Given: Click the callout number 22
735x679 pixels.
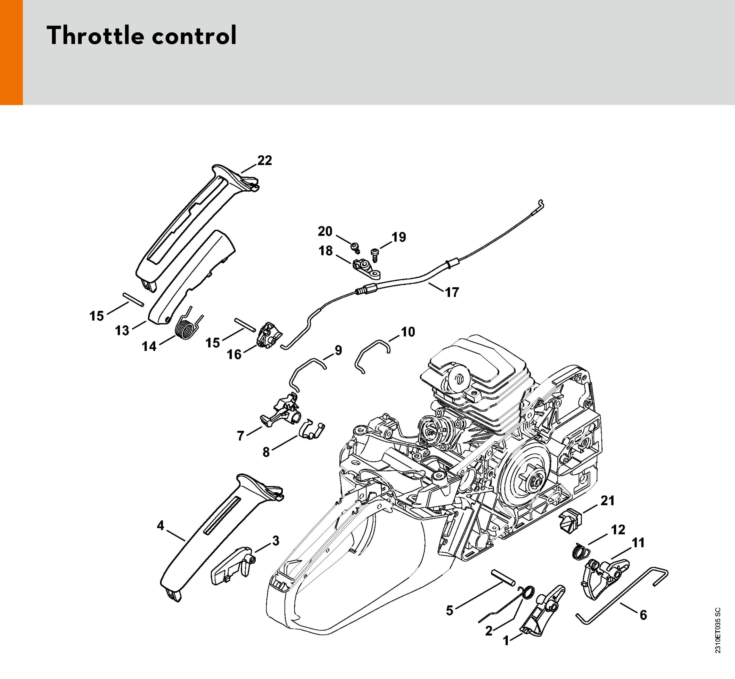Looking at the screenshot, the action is [x=264, y=161].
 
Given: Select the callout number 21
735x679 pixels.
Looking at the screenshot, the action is [x=607, y=501].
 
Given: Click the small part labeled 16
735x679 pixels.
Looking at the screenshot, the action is [x=270, y=335].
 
